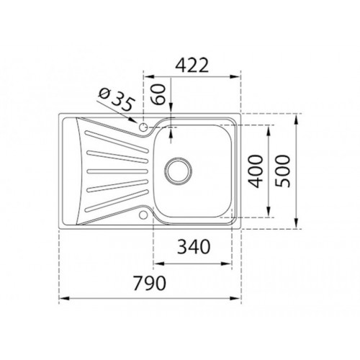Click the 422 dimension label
coord(191,65)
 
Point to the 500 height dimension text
coord(284,171)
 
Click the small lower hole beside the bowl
coord(145,214)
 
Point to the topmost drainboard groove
coord(108,134)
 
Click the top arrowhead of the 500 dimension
coord(297,116)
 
